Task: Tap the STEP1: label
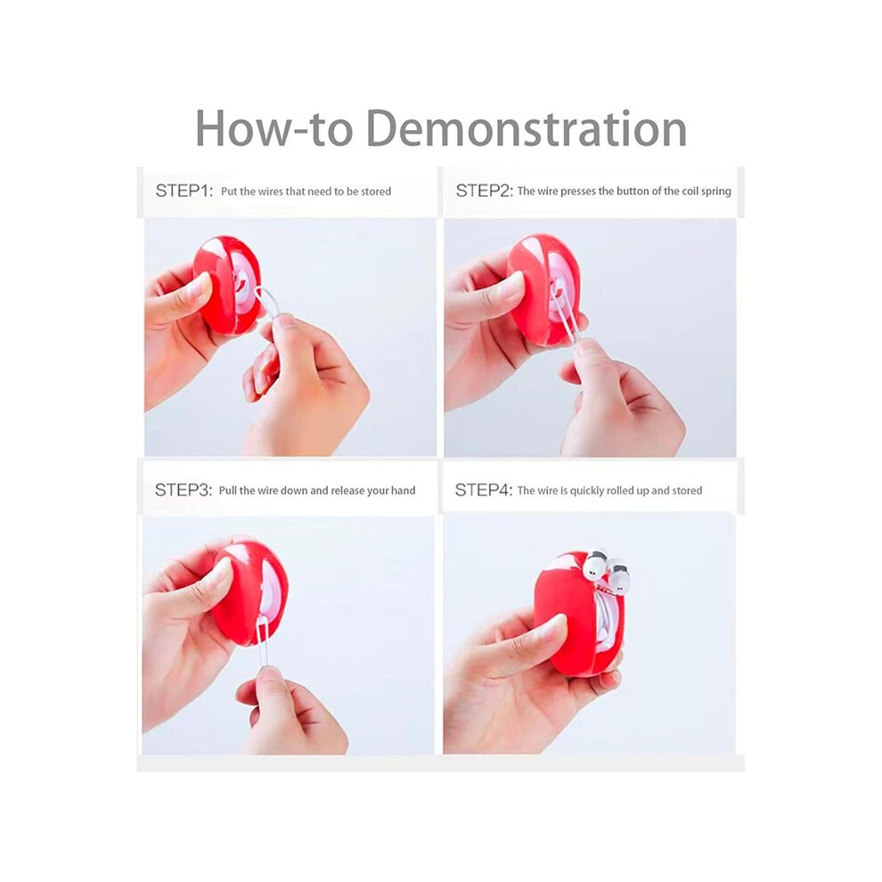[184, 191]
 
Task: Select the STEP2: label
[485, 191]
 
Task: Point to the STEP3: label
[184, 490]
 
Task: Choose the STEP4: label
[484, 490]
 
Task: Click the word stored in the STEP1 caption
[376, 192]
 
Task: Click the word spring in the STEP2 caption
[716, 192]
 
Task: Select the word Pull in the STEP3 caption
[228, 491]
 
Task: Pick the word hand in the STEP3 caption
[404, 491]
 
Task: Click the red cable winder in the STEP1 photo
[228, 284]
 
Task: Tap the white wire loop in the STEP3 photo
[263, 641]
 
